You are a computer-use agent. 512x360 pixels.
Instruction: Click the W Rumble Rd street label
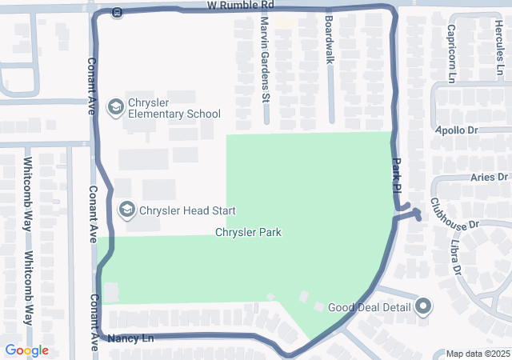[240, 6]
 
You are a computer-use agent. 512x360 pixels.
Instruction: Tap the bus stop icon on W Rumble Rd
[117, 12]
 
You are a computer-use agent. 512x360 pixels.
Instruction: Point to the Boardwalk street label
[329, 49]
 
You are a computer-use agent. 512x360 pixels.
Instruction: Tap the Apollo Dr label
[456, 130]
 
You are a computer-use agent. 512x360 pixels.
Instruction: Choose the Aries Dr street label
[490, 177]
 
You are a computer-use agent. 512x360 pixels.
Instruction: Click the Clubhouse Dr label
[454, 214]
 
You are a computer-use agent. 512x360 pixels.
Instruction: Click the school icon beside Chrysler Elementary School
[115, 106]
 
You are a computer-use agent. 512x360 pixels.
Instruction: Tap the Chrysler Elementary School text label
[174, 107]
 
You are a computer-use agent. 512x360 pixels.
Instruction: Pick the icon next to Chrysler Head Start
[126, 210]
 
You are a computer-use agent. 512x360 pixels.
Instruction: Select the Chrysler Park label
[248, 232]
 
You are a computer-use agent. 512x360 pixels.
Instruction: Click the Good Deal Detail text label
[369, 307]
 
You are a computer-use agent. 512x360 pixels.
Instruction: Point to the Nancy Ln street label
[130, 338]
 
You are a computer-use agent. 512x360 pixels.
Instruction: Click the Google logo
[26, 350]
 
